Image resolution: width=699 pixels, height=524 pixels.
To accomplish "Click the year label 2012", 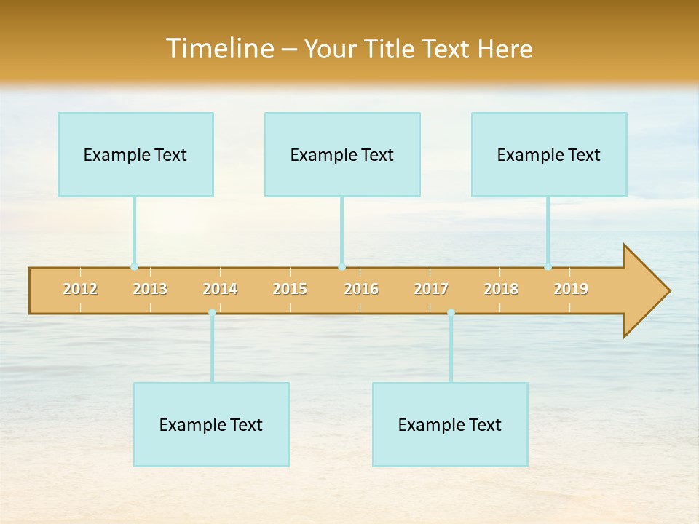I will (x=80, y=289).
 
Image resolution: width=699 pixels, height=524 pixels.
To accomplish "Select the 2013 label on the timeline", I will (x=150, y=289).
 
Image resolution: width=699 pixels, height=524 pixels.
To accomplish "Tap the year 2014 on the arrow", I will (x=220, y=289).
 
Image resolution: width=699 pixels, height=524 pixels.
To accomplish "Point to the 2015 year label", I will (x=290, y=289).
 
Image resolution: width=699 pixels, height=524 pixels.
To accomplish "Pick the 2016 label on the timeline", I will (x=361, y=289).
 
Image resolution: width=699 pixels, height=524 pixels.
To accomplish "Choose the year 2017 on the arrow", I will (x=431, y=289).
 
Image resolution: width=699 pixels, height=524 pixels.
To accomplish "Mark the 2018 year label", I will (x=501, y=289).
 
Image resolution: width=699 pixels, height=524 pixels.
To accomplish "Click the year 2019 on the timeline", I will (x=571, y=289).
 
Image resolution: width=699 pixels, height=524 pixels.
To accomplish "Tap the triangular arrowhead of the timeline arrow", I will (x=645, y=291).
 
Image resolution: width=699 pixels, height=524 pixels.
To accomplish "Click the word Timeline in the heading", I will (x=218, y=49).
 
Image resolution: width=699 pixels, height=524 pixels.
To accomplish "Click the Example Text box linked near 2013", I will (x=135, y=154).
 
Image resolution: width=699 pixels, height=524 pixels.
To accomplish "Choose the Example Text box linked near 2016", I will (x=342, y=154).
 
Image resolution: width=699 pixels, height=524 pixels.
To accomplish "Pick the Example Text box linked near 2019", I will (x=549, y=154).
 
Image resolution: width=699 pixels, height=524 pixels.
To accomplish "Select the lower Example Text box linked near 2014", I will (x=211, y=424).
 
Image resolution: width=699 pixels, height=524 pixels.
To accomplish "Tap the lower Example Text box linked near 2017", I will (x=450, y=424).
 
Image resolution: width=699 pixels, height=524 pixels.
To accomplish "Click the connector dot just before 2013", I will (x=134, y=267).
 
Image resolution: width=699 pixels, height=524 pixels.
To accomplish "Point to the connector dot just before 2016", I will (x=341, y=267).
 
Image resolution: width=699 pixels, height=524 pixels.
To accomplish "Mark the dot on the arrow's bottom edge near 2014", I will (x=212, y=313).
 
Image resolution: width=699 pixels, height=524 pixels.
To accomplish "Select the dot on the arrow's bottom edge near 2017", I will (x=451, y=313).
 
